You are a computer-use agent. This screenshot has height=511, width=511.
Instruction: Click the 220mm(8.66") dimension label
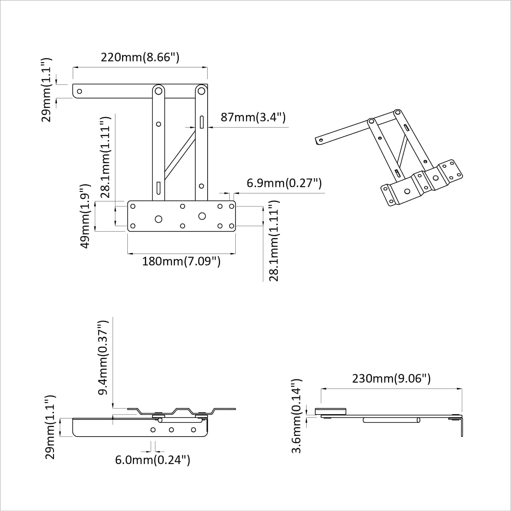(140, 57)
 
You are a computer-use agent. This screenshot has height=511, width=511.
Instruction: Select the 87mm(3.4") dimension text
(253, 117)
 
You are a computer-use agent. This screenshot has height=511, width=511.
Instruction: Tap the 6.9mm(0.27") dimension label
(284, 183)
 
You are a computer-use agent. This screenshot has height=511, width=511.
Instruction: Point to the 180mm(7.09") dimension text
(181, 262)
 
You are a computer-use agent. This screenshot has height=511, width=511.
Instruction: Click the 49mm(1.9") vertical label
(85, 216)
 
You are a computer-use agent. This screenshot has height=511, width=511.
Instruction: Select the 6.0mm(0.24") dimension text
(153, 460)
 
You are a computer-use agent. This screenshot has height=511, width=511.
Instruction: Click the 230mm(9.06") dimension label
(391, 379)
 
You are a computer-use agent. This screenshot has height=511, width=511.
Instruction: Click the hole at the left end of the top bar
(80, 91)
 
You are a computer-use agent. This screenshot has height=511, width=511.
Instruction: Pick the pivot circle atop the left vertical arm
(158, 91)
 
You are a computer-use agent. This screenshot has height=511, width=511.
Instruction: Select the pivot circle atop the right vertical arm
(201, 91)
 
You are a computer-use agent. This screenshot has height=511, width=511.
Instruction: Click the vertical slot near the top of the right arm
(202, 122)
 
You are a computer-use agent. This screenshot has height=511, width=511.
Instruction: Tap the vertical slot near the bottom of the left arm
(158, 188)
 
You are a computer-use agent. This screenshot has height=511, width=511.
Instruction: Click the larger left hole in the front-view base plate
(158, 219)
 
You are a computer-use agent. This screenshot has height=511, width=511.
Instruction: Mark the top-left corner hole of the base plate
(133, 206)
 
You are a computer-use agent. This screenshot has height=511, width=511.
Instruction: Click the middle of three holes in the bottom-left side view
(172, 430)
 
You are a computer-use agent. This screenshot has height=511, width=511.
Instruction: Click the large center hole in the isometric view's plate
(407, 191)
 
